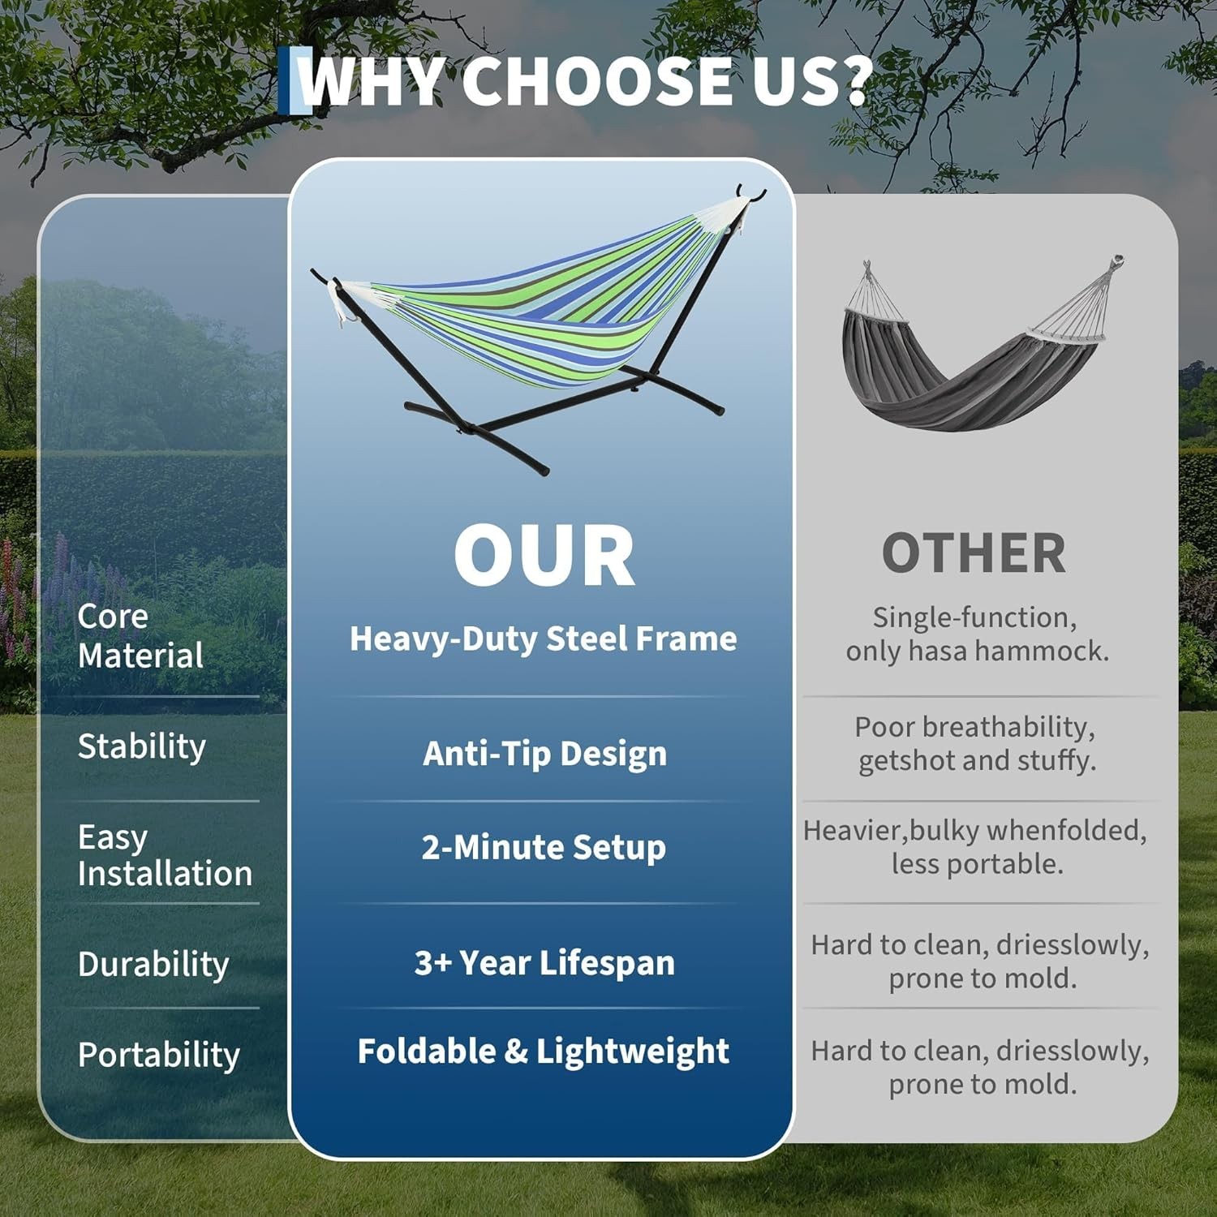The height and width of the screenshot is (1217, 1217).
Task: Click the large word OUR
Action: pyautogui.click(x=544, y=556)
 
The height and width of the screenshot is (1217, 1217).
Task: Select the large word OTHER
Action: pyautogui.click(x=974, y=554)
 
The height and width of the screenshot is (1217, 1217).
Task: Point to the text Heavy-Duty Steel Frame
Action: pyautogui.click(x=543, y=639)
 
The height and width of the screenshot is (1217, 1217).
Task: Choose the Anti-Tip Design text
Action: pyautogui.click(x=544, y=754)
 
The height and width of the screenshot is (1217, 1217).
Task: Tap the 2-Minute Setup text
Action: pyautogui.click(x=544, y=848)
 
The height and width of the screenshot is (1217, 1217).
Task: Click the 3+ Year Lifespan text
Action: pyautogui.click(x=544, y=963)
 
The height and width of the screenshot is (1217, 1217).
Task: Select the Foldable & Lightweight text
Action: pyautogui.click(x=543, y=1051)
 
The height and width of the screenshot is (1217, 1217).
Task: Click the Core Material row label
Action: pyautogui.click(x=140, y=636)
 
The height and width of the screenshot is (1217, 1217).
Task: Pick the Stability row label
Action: pyautogui.click(x=142, y=746)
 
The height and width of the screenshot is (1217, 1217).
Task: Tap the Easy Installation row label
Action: pyautogui.click(x=165, y=855)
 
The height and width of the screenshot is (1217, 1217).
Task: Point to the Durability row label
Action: pyautogui.click(x=153, y=964)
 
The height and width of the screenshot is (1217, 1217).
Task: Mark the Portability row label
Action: pyautogui.click(x=159, y=1055)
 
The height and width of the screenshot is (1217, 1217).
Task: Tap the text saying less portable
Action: pyautogui.click(x=977, y=864)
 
